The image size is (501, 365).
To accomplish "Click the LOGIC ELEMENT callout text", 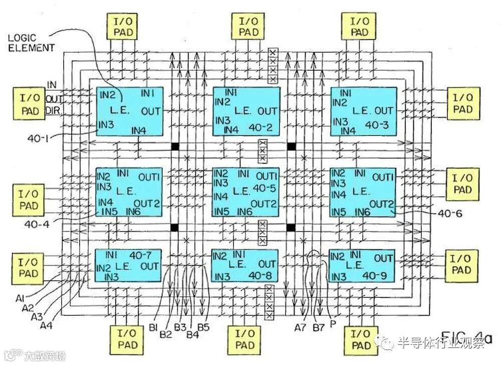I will click(x=31, y=43).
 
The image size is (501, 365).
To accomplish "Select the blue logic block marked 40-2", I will click(x=246, y=111).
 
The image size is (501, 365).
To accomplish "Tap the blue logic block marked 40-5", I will click(x=245, y=192).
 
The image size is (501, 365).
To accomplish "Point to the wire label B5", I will click(x=203, y=328).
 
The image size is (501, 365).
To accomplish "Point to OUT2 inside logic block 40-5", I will click(x=264, y=204).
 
